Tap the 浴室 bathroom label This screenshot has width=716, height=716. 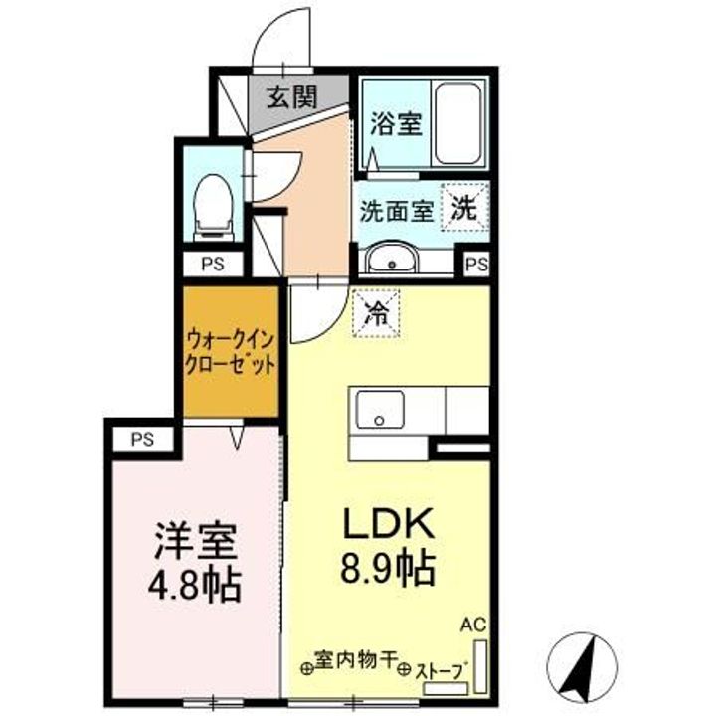pos(397,124)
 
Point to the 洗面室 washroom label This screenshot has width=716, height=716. pos(396,211)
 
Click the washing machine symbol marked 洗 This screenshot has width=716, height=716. pos(464,209)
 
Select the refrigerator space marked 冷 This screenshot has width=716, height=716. pos(376,313)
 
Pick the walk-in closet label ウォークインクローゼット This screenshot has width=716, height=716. pos(229,352)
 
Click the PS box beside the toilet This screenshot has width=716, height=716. pos(211,265)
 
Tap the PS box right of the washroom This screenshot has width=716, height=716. pos(476,265)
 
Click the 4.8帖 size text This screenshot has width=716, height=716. pos(195,585)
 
